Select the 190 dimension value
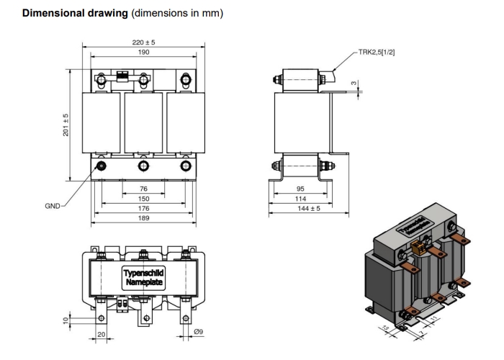(144, 53)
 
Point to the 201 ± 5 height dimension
(65, 127)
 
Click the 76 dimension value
(144, 189)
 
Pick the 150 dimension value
(144, 198)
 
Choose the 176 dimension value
(144, 208)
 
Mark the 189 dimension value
(144, 217)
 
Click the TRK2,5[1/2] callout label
(377, 52)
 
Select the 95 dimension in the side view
(300, 189)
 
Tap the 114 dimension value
(300, 199)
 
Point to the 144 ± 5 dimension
(300, 208)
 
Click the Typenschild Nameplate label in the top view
(144, 278)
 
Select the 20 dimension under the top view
(101, 335)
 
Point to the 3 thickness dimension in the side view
(354, 85)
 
